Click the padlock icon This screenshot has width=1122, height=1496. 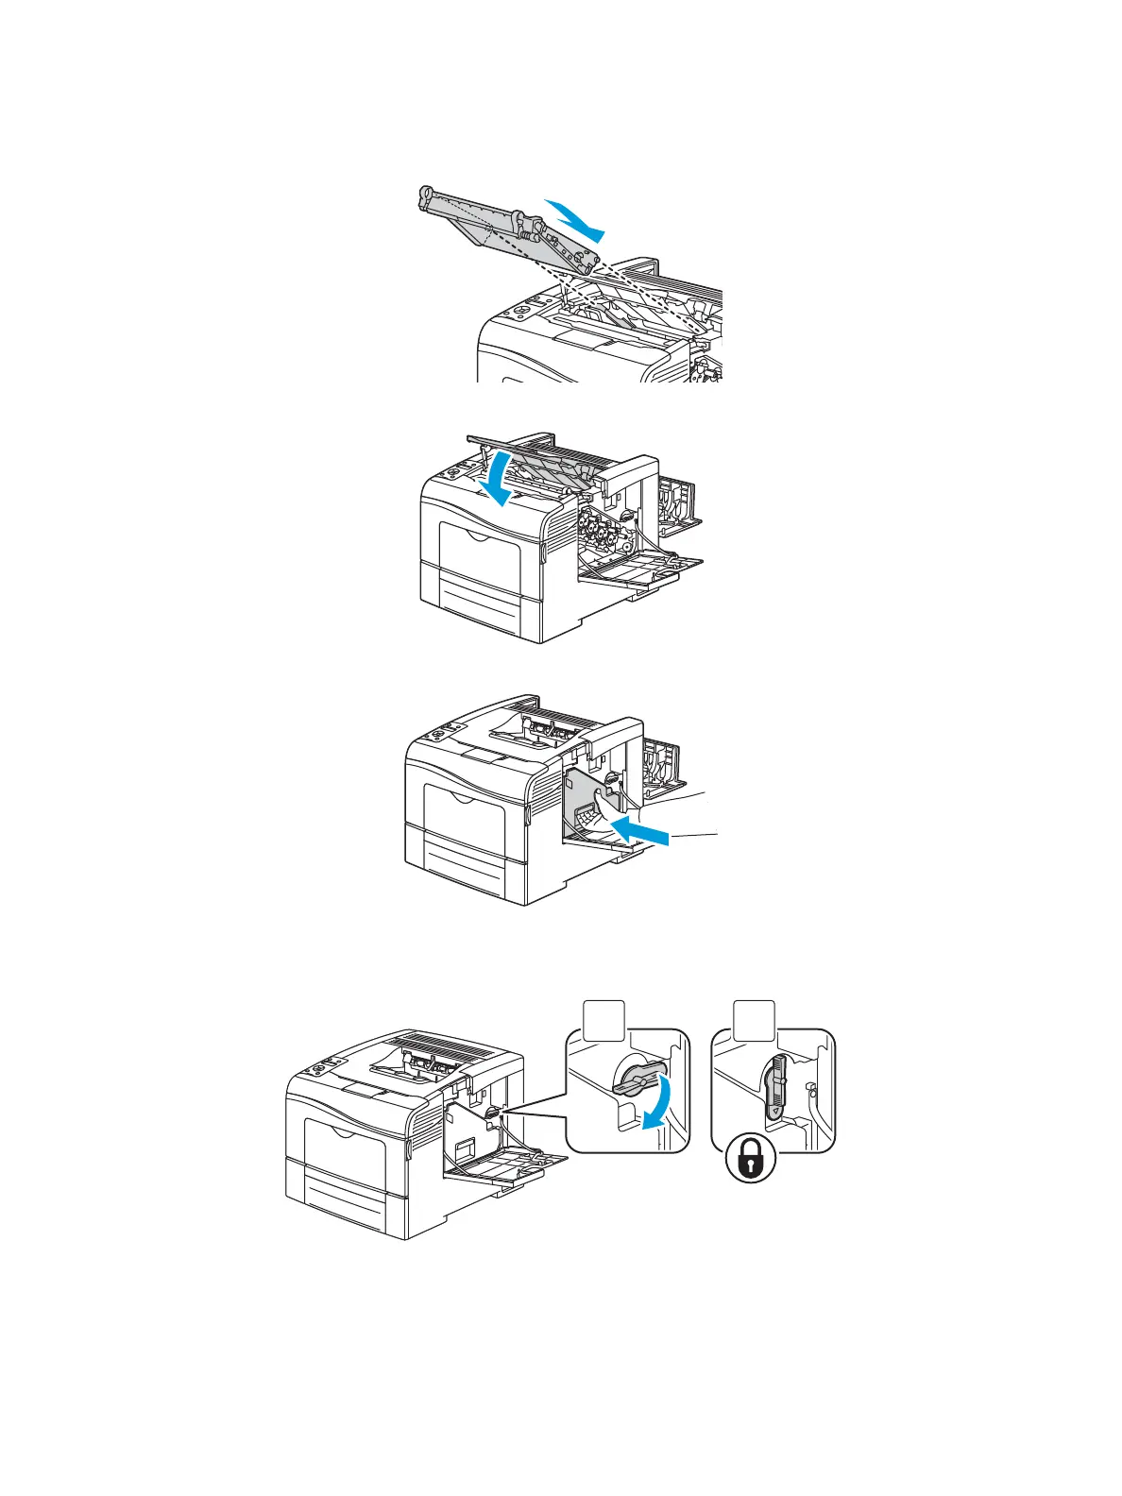[x=750, y=1158]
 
